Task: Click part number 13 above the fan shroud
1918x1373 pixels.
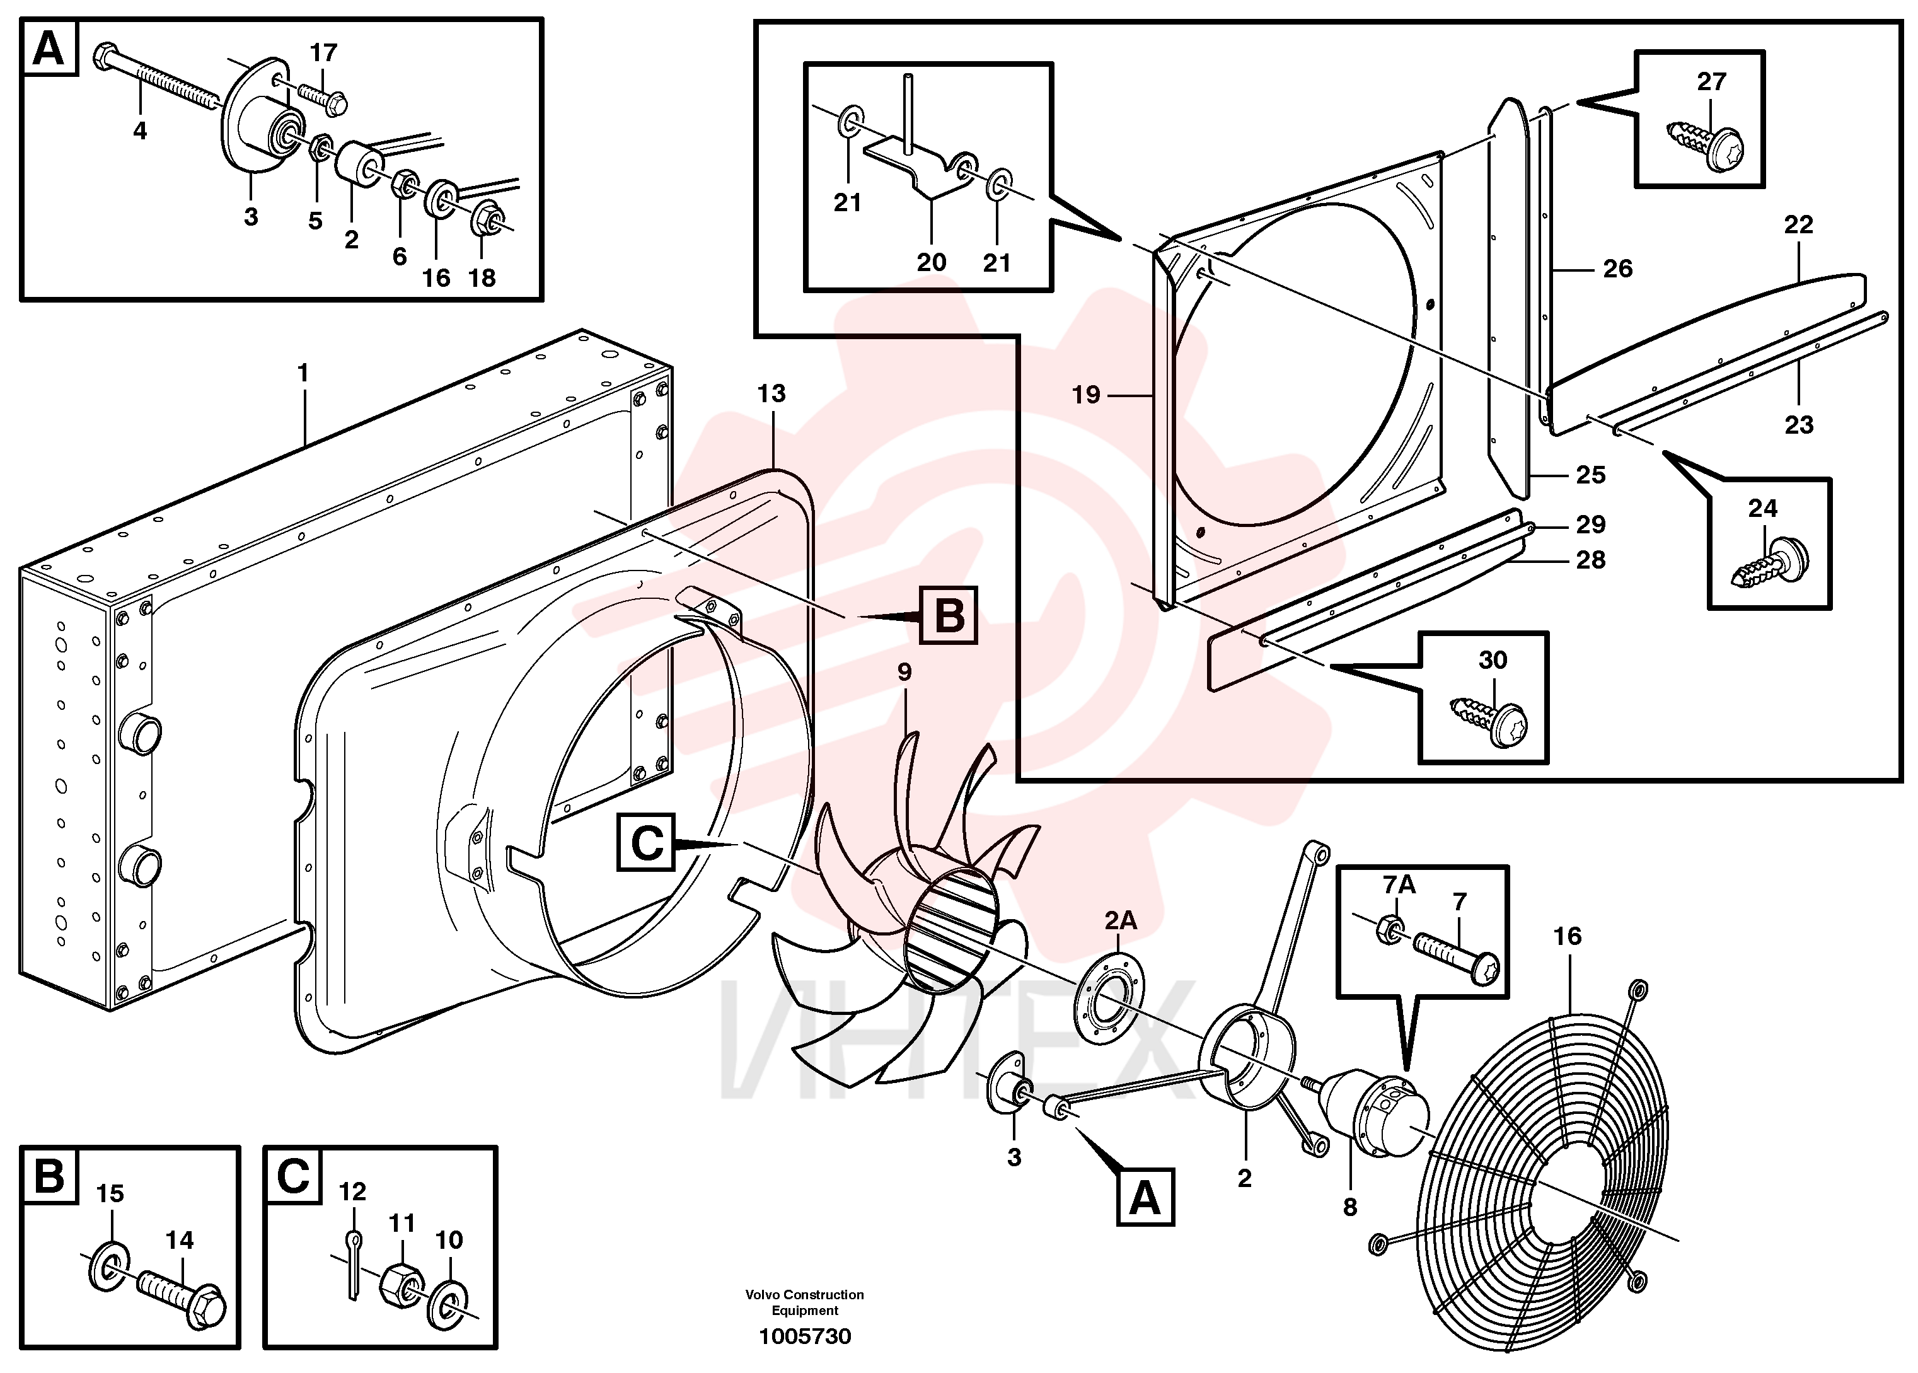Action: [771, 393]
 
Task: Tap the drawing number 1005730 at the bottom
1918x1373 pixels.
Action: [805, 1336]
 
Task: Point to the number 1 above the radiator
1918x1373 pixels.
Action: [303, 373]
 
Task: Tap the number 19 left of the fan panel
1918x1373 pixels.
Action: [1086, 394]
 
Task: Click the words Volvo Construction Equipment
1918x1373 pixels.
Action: [805, 1302]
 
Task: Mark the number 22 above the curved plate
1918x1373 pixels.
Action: [1798, 225]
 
